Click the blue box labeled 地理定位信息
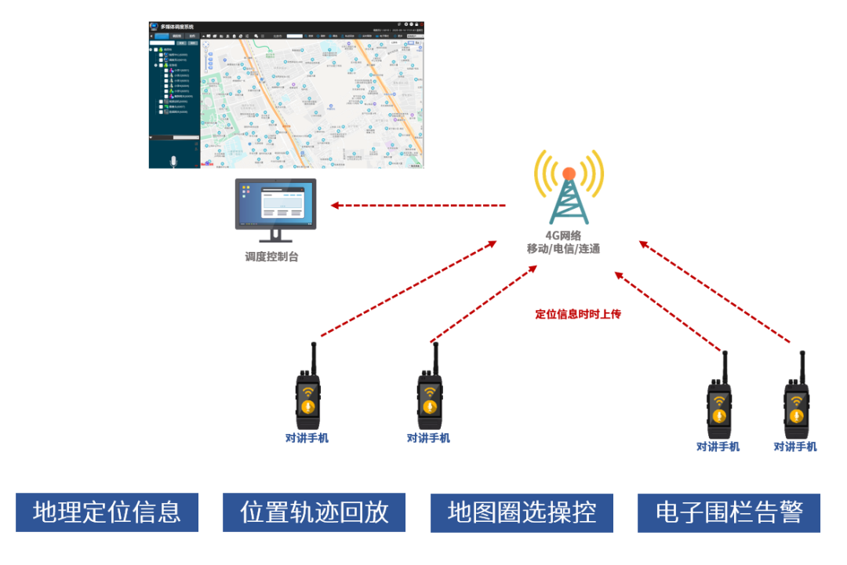tap(107, 512)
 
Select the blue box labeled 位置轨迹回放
tap(314, 512)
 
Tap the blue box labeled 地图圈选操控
tap(522, 512)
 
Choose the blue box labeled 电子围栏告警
tap(729, 512)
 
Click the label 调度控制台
tap(271, 257)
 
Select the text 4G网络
tap(563, 235)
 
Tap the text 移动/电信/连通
tap(563, 249)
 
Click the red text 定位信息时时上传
tap(578, 315)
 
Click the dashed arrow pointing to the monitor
tap(418, 206)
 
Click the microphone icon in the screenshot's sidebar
tap(173, 161)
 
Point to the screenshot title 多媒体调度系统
tap(177, 27)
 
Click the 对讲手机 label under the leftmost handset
tap(307, 439)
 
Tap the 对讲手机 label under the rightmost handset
tap(795, 447)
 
